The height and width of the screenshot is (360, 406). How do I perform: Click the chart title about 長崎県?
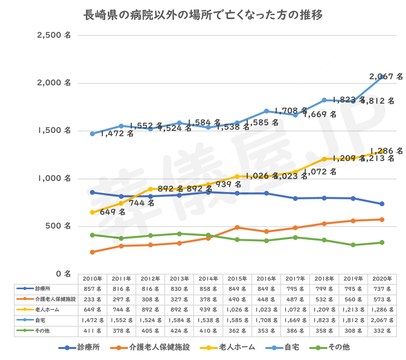[203, 16]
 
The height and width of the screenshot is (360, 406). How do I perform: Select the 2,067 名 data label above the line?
[386, 76]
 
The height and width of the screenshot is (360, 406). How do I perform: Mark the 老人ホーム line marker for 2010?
[92, 212]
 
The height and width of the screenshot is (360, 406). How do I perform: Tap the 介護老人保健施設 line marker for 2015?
[237, 227]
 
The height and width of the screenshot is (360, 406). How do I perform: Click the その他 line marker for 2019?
[353, 245]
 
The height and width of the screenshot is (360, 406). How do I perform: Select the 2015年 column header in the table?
[237, 279]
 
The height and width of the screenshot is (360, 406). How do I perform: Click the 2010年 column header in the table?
[92, 279]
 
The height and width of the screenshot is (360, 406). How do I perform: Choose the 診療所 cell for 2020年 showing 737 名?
[382, 289]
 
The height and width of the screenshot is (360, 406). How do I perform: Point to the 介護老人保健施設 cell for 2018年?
[324, 299]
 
